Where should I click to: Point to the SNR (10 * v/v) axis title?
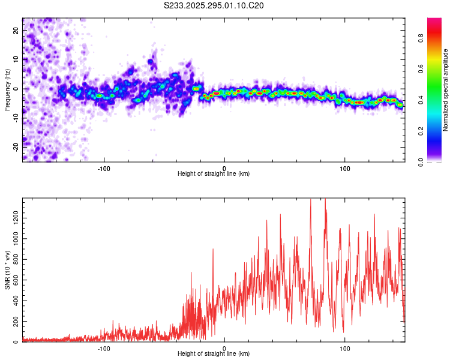coord(7,269)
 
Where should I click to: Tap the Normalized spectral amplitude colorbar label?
coord(446,89)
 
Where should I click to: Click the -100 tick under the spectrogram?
coord(104,167)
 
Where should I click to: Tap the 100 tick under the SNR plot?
coord(345,348)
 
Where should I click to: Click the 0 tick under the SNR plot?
coord(224,348)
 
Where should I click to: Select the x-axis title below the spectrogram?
coord(214,174)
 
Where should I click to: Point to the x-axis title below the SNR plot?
coord(214,355)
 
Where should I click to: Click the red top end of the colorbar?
coord(434,21)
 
